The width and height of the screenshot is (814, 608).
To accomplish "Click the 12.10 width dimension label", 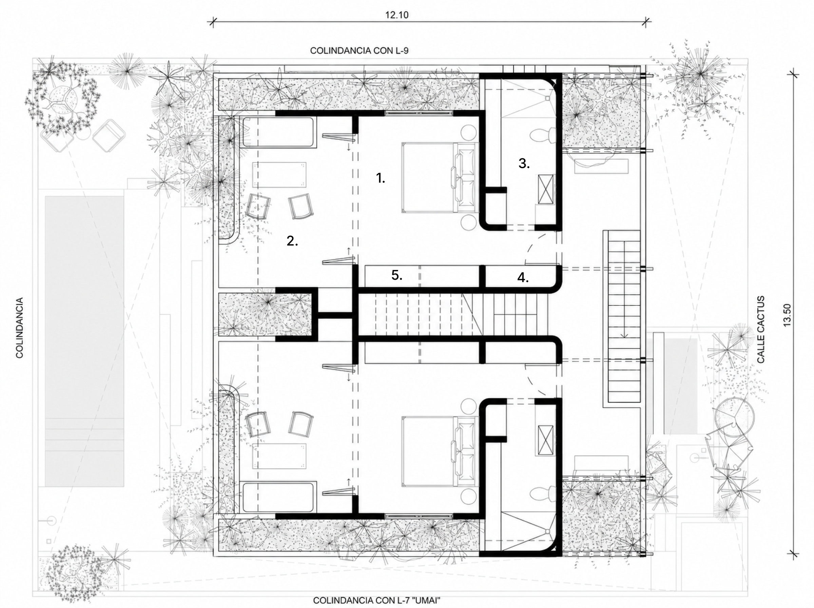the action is (x=397, y=15).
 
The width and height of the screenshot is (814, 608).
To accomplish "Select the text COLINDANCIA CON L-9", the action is (x=359, y=51).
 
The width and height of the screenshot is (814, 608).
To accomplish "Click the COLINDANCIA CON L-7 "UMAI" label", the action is (x=376, y=601).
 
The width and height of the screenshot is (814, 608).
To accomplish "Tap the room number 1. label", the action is (x=381, y=178).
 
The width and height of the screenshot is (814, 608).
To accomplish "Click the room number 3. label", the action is (x=524, y=163).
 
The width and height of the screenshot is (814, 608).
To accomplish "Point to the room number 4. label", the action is (x=523, y=277).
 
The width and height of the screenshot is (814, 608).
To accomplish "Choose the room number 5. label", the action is (x=397, y=275).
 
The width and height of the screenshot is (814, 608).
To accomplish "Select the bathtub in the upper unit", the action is (x=278, y=132).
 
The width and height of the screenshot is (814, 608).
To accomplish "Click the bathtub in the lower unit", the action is (x=278, y=496).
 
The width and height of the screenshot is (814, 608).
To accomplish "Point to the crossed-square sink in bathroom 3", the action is (x=545, y=189).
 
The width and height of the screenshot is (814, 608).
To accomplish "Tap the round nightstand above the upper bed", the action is (x=469, y=132).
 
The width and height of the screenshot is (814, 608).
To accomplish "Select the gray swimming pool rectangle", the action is (x=84, y=341).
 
